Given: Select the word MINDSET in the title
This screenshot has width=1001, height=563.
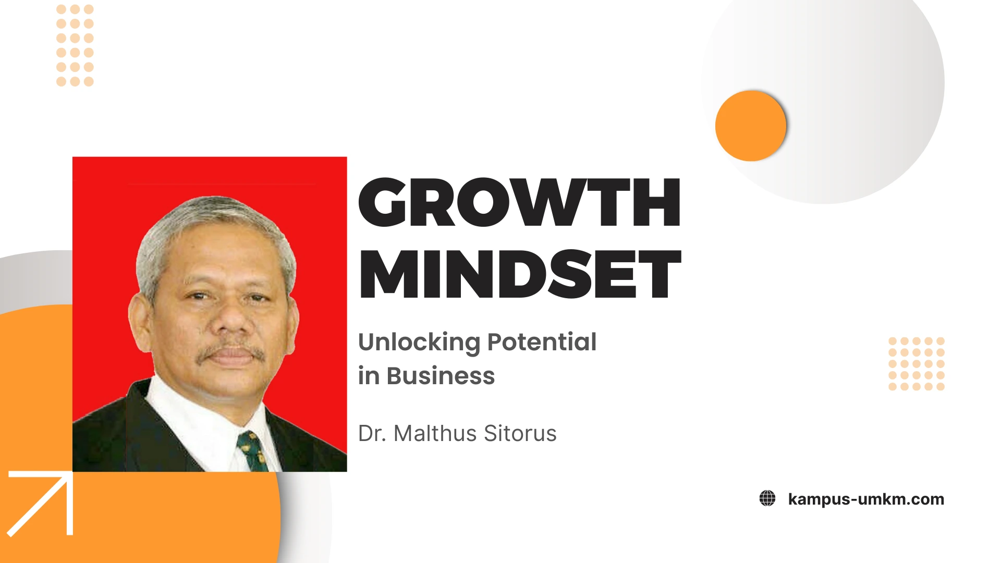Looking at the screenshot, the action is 520,274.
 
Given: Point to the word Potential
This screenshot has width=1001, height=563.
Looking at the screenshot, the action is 542,342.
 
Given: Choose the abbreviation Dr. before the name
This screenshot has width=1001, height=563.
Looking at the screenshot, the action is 372,433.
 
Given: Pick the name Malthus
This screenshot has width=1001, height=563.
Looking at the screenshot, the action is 435,433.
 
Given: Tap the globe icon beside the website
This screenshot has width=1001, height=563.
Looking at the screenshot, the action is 767,498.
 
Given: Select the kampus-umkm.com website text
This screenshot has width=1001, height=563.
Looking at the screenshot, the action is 866,499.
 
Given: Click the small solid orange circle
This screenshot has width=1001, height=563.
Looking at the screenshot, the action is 751,126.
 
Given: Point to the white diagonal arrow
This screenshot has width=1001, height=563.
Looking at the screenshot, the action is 40,504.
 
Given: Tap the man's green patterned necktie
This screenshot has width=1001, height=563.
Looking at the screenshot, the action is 253,451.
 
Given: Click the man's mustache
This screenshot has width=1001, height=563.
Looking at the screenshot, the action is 231,352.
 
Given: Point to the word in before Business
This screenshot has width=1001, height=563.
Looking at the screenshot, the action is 369,376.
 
